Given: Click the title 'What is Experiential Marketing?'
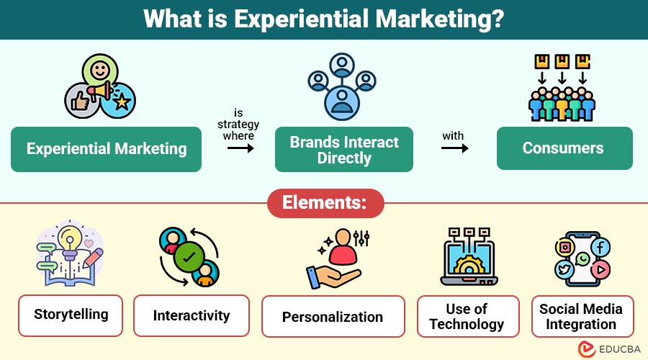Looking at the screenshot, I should pyautogui.click(x=324, y=19).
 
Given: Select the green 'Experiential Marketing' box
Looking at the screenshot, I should pyautogui.click(x=107, y=149).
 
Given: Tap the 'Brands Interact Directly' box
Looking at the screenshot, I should pyautogui.click(x=344, y=150).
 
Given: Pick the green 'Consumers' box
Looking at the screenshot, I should pyautogui.click(x=564, y=148).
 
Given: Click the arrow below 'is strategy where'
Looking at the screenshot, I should pyautogui.click(x=240, y=148).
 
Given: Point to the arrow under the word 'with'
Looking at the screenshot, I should pyautogui.click(x=454, y=148).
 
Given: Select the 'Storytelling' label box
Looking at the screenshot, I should pyautogui.click(x=71, y=315).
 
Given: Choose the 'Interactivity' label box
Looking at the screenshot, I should pyautogui.click(x=192, y=315).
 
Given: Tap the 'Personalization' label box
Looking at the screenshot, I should pyautogui.click(x=333, y=317).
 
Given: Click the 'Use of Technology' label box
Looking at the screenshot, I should pyautogui.click(x=467, y=317).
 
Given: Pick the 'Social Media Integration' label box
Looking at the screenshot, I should pyautogui.click(x=581, y=316).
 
